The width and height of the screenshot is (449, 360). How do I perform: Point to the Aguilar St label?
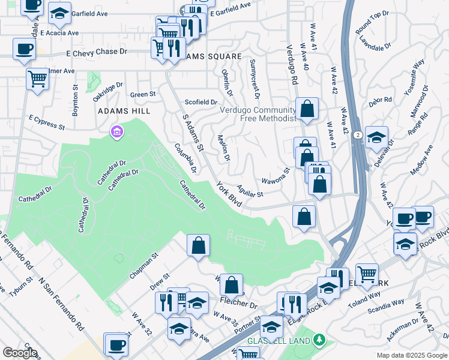(x=250, y=191)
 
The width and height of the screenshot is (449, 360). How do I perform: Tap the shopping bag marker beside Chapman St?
(x=198, y=245)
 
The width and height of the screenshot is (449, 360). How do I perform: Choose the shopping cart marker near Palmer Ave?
(x=38, y=79)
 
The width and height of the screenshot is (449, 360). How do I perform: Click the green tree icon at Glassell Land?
(x=319, y=340)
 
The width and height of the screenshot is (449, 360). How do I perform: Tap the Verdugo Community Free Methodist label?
(x=258, y=114)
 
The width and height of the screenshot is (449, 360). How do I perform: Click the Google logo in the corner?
(x=20, y=353)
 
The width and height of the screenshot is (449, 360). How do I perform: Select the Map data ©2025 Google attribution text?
(x=411, y=355)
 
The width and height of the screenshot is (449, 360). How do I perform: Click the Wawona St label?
(x=276, y=176)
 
